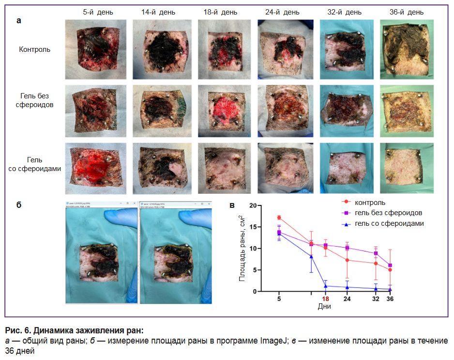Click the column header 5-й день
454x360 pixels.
pyautogui.click(x=95, y=12)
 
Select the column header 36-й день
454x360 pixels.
pyautogui.click(x=406, y=12)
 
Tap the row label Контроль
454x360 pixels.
pyautogui.click(x=34, y=49)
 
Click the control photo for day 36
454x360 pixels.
pyautogui.click(x=406, y=49)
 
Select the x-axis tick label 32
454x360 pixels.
pyautogui.click(x=376, y=299)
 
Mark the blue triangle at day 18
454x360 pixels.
pyautogui.click(x=325, y=286)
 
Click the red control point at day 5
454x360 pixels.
pyautogui.click(x=279, y=218)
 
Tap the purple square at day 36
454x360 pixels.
pyautogui.click(x=390, y=266)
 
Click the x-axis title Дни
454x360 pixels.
pyautogui.click(x=324, y=307)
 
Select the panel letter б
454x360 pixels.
pyautogui.click(x=19, y=204)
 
